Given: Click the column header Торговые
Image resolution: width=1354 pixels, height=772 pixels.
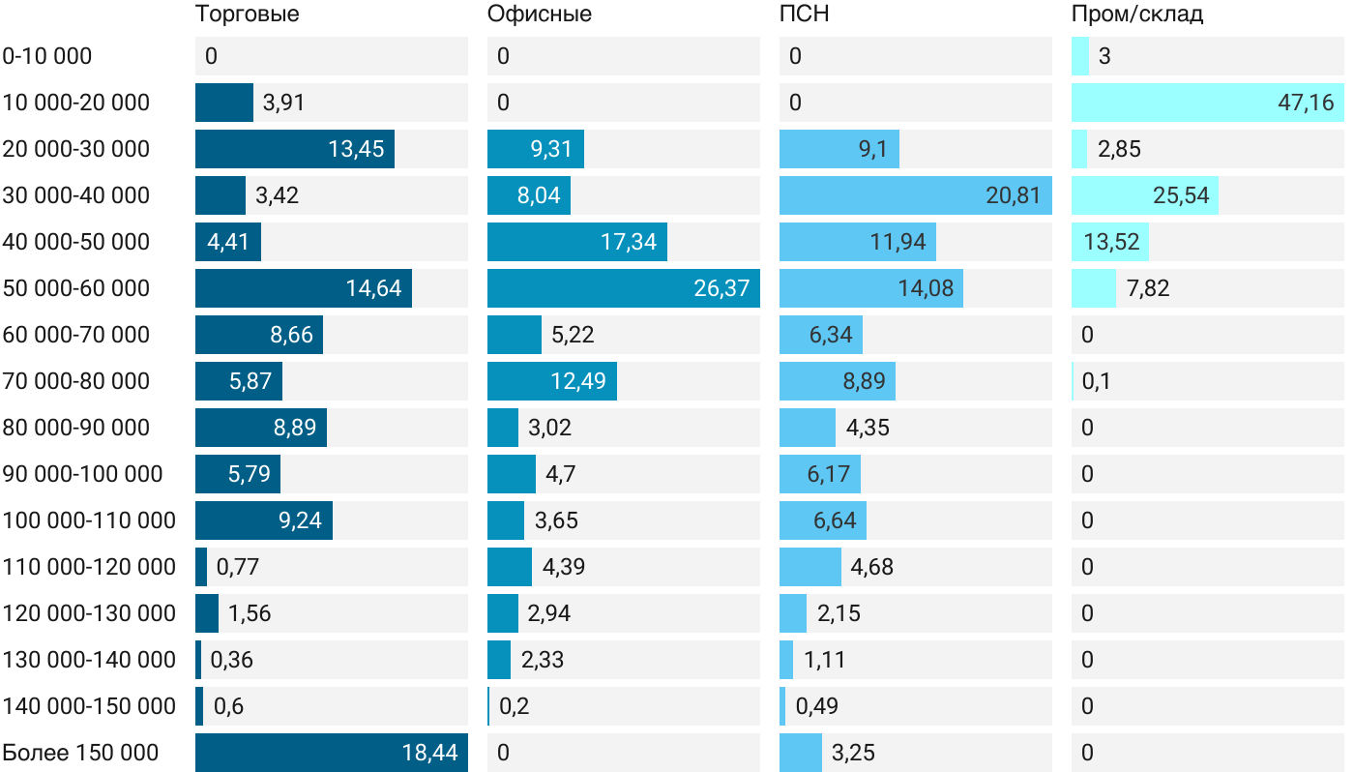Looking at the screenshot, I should (x=248, y=15).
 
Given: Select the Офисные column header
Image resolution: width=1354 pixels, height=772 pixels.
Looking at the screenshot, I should (x=540, y=15).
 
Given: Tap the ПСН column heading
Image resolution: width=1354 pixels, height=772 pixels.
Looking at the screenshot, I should (x=805, y=15).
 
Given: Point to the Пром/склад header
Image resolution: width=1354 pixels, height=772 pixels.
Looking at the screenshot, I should (x=1137, y=15).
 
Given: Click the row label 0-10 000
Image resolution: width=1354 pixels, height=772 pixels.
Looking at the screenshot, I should (x=47, y=56).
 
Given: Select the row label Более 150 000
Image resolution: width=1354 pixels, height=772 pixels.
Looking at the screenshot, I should (x=80, y=753).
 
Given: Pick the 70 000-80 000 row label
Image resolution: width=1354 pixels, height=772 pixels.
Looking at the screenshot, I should (x=76, y=381).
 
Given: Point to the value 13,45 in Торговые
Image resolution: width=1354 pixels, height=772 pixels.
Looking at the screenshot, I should (x=356, y=149).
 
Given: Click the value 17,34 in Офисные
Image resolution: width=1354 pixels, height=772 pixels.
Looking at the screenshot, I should (x=629, y=242).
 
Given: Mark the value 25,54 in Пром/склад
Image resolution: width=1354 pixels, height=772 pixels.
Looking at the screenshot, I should (x=1181, y=195).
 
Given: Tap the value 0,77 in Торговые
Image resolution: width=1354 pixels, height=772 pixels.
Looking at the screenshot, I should (x=238, y=567).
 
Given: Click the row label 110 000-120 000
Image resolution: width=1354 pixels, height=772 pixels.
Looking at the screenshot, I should (x=89, y=567).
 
